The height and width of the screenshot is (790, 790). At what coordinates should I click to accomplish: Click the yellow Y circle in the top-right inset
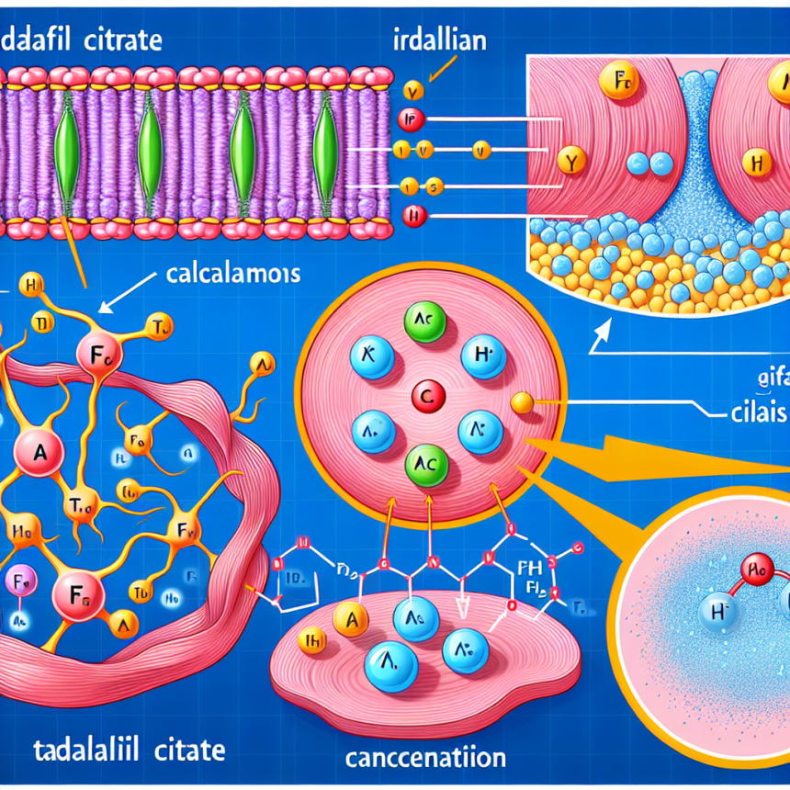point(571,164)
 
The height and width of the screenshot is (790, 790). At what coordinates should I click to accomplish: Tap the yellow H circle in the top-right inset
point(757,164)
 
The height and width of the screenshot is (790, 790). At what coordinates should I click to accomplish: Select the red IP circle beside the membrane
point(410,117)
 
